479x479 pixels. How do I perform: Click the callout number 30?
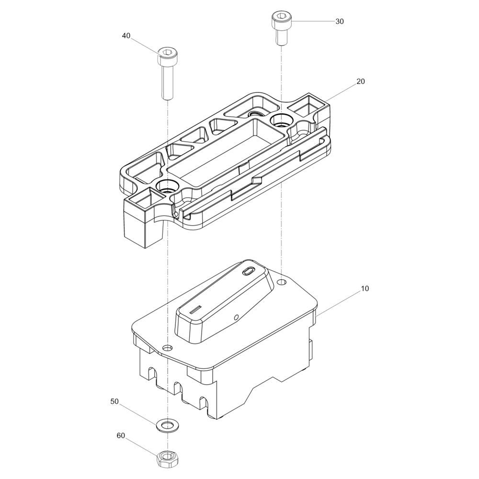click(340, 22)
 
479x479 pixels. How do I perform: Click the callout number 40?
click(126, 36)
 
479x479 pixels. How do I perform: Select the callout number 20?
click(361, 81)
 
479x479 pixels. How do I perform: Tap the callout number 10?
click(365, 288)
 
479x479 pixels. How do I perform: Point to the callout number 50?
click(114, 402)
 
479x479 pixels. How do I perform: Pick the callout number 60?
click(121, 435)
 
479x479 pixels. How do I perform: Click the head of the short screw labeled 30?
click(281, 20)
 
